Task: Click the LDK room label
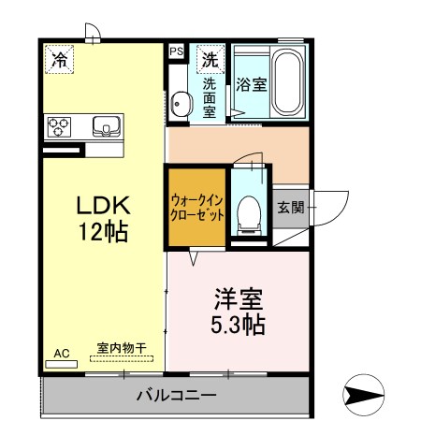point(95,204)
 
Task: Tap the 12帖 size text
point(95,230)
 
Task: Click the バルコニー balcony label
point(176,395)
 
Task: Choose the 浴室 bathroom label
point(252,83)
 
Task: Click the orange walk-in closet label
point(197,207)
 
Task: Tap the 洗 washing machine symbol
point(211,59)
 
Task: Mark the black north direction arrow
point(363,395)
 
